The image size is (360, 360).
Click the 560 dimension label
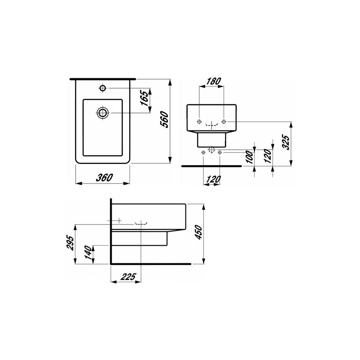point(164,119)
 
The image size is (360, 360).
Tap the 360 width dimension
point(104,178)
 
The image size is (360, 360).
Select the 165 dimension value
point(144,98)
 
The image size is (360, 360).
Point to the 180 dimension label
point(213,81)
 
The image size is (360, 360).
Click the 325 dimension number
point(286,142)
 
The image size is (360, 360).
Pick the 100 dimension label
point(250,157)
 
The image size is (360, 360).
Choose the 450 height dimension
point(198,232)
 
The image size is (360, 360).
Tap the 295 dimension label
point(70,243)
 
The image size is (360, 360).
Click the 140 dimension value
point(88,252)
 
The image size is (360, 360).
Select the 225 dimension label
point(128,277)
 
